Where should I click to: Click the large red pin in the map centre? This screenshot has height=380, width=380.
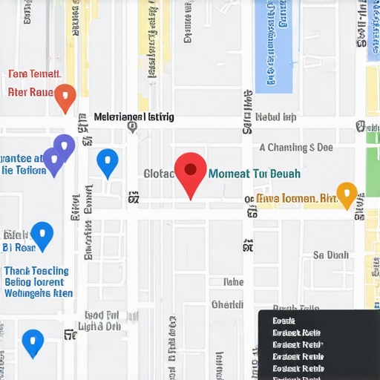(191, 172)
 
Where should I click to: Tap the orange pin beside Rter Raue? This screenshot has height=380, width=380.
(65, 95)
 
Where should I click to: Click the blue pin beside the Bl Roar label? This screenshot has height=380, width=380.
(42, 235)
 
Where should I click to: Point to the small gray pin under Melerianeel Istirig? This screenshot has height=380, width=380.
(132, 127)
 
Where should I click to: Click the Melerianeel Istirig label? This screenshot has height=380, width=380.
(134, 117)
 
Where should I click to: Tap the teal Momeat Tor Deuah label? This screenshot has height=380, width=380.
(255, 174)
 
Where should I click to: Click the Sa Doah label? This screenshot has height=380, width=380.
(330, 255)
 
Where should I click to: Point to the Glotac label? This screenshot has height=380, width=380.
(158, 174)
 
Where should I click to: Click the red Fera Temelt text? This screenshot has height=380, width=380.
(33, 74)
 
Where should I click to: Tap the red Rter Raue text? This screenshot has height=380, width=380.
(30, 93)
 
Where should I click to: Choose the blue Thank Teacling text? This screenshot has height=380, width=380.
(36, 271)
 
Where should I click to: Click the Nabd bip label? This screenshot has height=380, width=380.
(275, 117)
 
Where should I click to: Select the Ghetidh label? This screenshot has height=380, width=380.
(227, 304)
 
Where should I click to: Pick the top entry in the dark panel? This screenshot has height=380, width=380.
(284, 321)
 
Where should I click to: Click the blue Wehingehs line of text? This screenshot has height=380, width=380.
(39, 293)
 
